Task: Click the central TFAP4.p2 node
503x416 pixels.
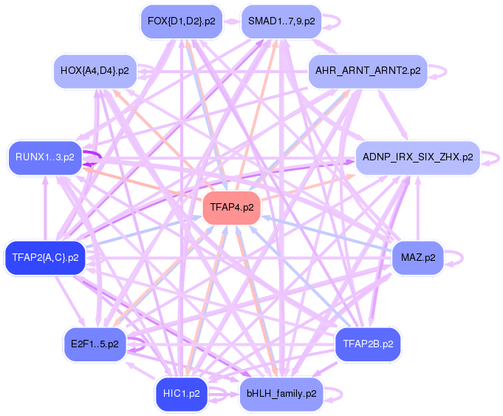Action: [232, 208]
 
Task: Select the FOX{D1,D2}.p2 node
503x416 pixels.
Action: [181, 21]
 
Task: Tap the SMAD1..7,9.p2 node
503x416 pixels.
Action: [281, 21]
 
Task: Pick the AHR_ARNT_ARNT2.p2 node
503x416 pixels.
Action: [367, 71]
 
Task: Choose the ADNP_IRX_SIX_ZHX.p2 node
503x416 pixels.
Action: [417, 157]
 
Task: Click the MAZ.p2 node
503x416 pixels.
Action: [417, 258]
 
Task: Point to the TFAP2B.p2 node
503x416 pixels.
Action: [367, 344]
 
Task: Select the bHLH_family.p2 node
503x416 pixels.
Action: [281, 394]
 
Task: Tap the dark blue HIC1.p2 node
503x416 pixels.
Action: [181, 394]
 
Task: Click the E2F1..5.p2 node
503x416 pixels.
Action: [95, 344]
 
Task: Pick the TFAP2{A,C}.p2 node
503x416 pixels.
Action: [45, 258]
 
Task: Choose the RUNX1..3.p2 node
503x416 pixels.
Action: [45, 157]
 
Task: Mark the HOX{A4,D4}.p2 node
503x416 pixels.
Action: [95, 71]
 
